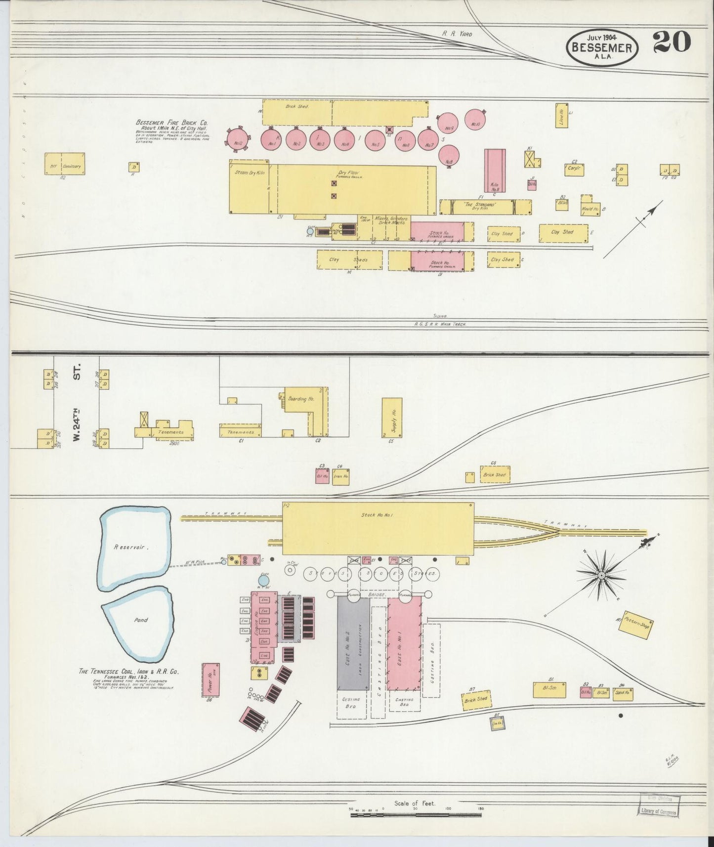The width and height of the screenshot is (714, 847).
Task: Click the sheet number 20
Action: (672, 42)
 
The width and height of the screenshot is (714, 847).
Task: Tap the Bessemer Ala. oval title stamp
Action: (602, 47)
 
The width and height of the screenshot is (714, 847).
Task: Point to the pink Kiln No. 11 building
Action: (495, 170)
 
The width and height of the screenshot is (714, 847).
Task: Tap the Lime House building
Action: (561, 116)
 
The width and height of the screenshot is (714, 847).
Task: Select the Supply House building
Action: (392, 417)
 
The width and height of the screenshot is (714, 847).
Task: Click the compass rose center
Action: (602, 576)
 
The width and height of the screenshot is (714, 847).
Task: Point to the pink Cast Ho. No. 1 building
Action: (403, 643)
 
